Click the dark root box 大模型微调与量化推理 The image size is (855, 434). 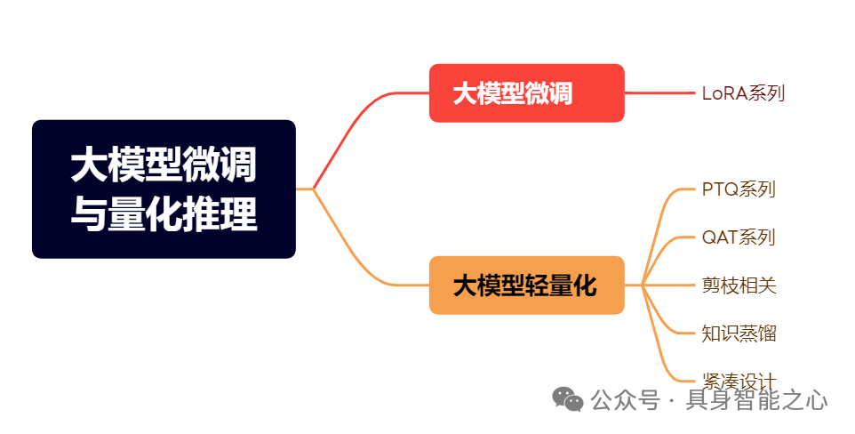pos(164,189)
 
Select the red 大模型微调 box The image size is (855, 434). pos(526,93)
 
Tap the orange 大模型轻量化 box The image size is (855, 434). pos(526,285)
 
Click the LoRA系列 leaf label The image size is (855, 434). pos(743,93)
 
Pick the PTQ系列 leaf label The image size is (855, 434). pos(739,189)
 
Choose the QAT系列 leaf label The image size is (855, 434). pos(739,237)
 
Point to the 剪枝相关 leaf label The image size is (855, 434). pos(739,285)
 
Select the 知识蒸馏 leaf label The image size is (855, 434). pos(739,334)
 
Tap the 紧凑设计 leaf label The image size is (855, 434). pos(739,382)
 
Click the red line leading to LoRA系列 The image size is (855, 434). pos(662,93)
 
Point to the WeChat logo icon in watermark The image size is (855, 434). pos(568,399)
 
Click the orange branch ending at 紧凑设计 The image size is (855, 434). pos(662,356)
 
